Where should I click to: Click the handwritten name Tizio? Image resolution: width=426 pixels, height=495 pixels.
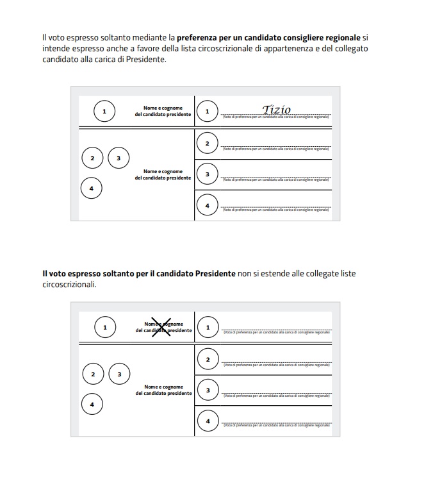277,110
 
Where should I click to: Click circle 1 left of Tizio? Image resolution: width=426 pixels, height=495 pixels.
207,112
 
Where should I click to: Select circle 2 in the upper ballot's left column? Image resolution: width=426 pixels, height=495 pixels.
92,158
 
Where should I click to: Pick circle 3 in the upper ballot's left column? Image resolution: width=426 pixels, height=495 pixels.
119,158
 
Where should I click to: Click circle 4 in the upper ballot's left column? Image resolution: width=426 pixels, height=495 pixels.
92,189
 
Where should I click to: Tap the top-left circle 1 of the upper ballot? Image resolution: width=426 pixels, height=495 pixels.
104,112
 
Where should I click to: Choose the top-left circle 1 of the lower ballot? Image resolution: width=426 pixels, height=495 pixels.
104,328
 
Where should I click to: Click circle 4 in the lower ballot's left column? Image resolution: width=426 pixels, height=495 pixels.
92,404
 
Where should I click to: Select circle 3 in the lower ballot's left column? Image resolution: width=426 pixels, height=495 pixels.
119,374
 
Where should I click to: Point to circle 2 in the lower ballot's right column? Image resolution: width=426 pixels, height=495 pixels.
208,360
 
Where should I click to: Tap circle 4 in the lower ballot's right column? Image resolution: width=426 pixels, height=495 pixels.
208,421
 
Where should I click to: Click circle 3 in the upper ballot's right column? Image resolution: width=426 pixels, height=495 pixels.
207,174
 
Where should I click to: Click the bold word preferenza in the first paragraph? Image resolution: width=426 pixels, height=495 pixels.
197,38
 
